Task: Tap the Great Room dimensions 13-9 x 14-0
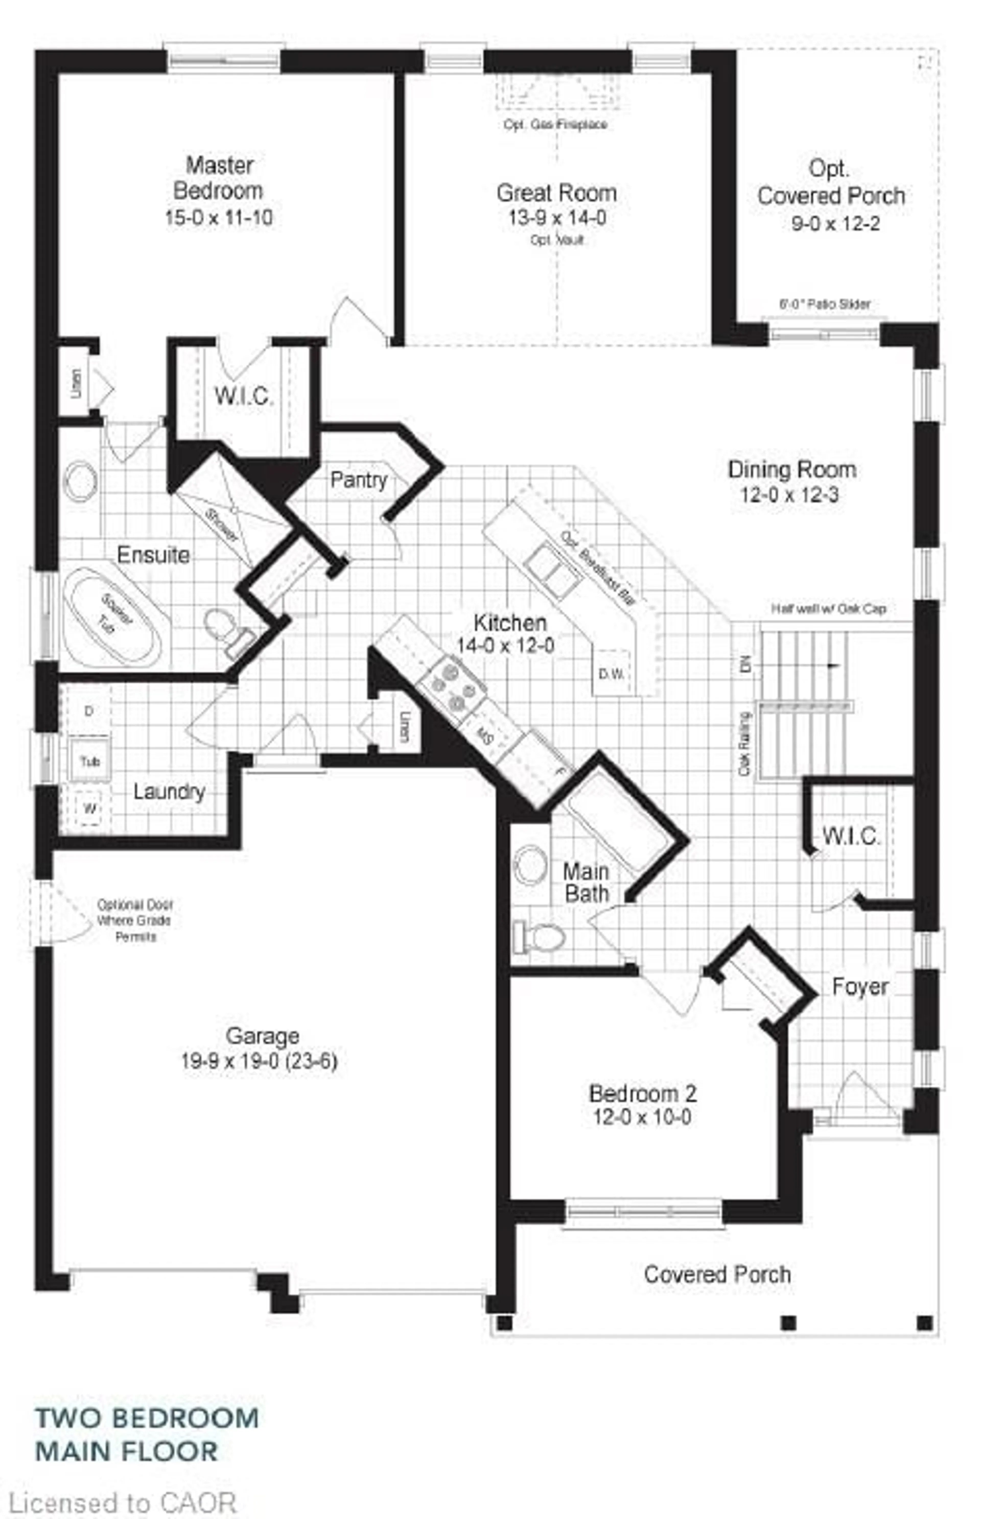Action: click(x=557, y=218)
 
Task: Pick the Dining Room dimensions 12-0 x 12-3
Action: click(x=789, y=495)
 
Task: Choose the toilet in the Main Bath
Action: click(x=541, y=937)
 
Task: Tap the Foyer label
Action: click(x=860, y=987)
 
